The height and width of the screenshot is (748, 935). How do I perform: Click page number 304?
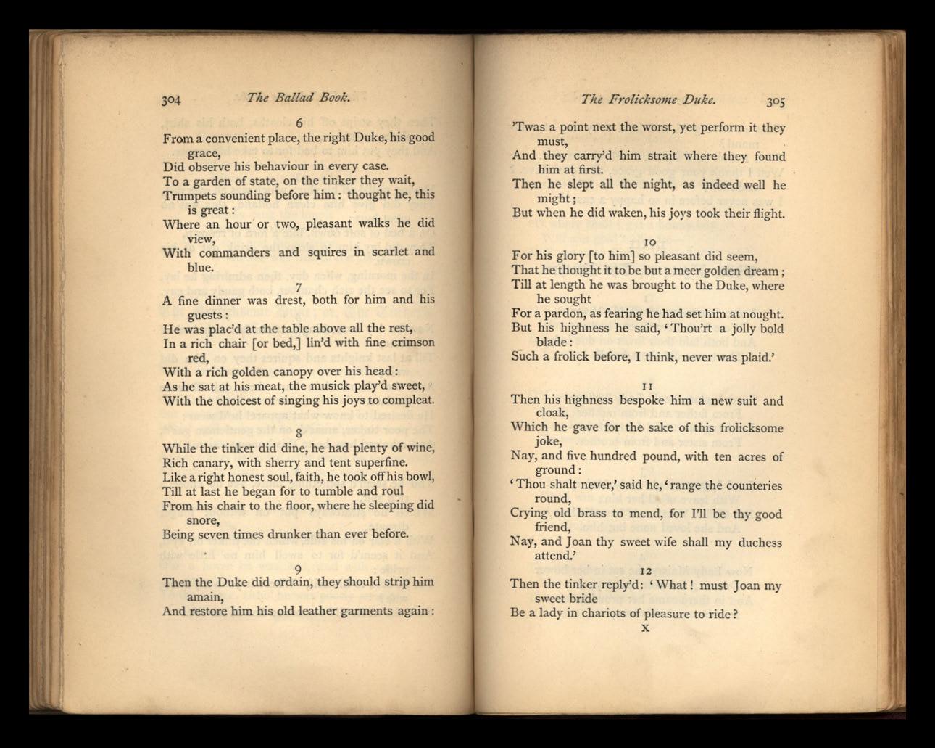[171, 99]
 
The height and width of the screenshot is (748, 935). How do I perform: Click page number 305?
[776, 101]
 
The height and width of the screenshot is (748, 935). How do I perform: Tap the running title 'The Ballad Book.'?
[298, 96]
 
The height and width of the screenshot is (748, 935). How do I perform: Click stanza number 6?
[299, 123]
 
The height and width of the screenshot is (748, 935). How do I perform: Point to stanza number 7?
[298, 287]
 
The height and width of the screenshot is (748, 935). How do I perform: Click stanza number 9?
[298, 569]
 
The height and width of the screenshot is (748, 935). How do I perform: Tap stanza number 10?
[649, 242]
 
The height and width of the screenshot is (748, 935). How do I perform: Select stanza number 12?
[647, 571]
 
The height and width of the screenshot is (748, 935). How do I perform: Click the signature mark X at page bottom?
[645, 628]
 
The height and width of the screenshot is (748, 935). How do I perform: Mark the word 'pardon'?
[557, 313]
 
